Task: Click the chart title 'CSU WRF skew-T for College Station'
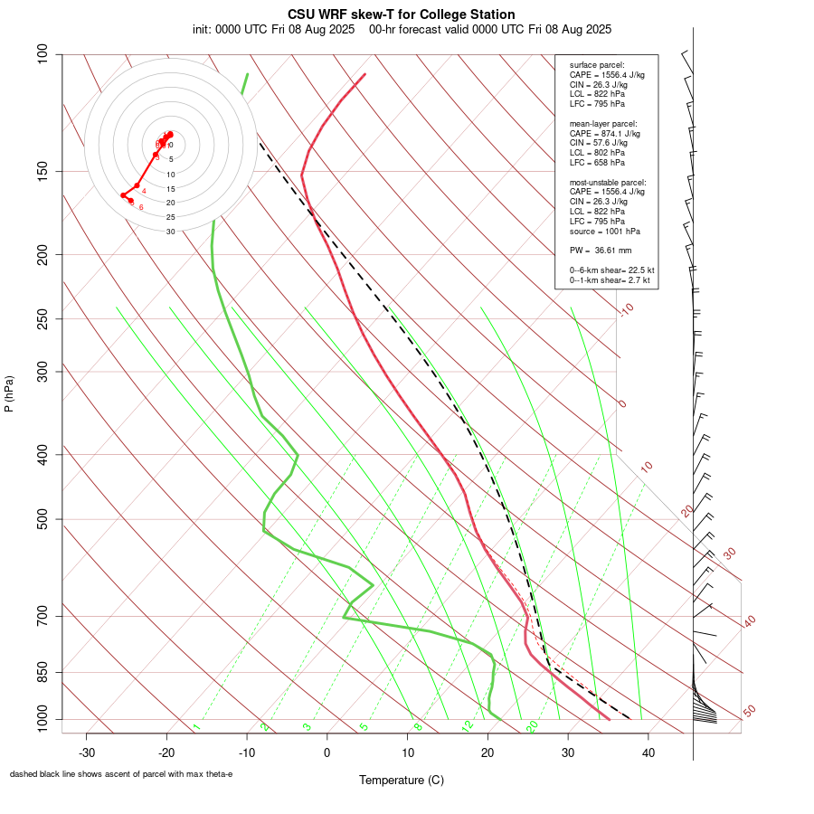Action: pos(402,14)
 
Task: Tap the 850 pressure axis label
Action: pos(43,673)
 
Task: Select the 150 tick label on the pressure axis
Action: pos(43,171)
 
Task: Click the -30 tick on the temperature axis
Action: pos(87,752)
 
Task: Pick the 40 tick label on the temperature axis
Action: pos(648,752)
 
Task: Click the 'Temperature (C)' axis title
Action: pos(402,780)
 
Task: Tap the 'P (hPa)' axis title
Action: pos(9,393)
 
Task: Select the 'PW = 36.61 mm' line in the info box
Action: pos(601,251)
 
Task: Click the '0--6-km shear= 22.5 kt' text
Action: pos(611,270)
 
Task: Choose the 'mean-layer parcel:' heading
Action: pos(603,123)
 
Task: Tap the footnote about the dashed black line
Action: pos(121,774)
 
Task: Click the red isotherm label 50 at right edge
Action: pos(748,712)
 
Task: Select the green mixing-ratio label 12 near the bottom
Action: pos(468,726)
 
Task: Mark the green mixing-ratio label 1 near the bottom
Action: pos(196,727)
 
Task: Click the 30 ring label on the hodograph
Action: pos(170,232)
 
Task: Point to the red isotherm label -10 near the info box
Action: pos(626,309)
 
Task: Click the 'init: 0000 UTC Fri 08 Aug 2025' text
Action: pos(273,29)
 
